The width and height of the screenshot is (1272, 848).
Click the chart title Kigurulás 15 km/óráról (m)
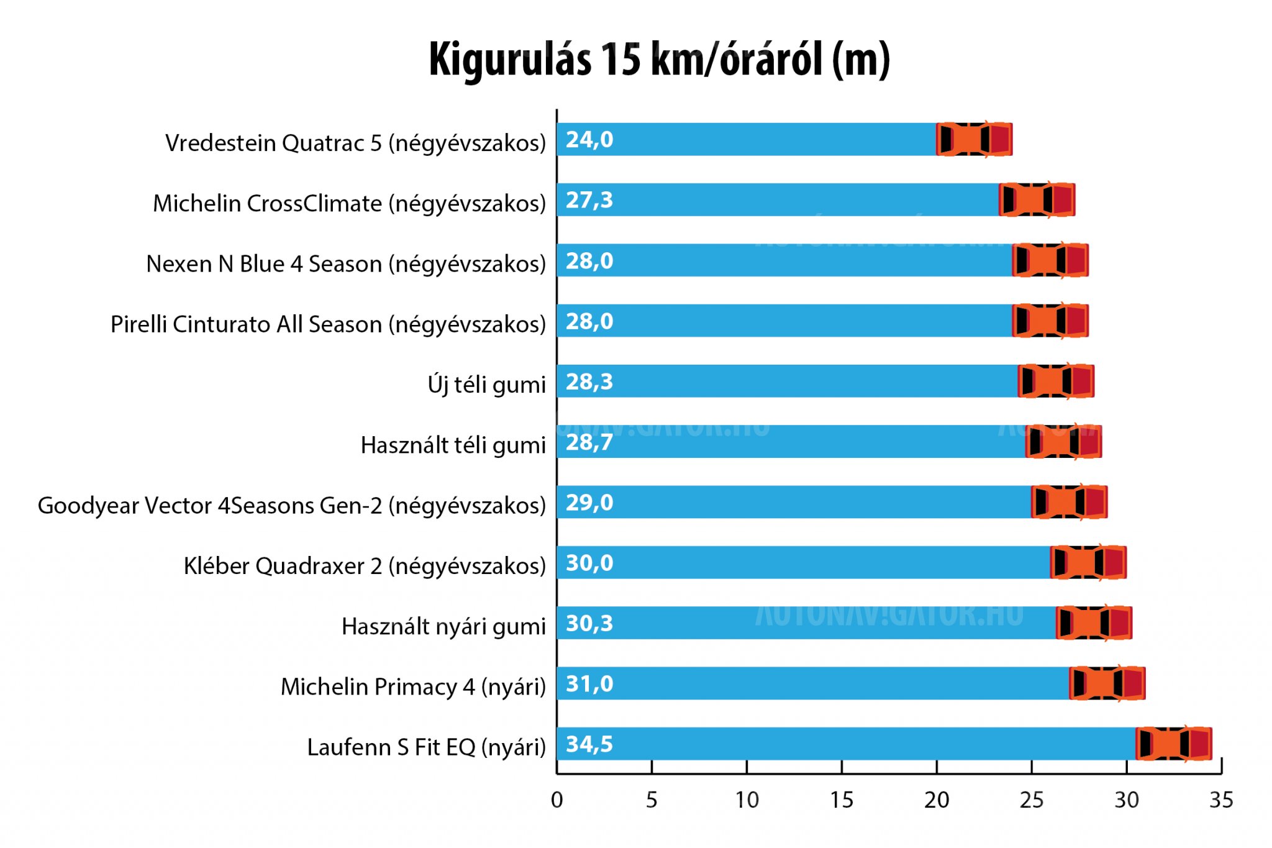pos(659,60)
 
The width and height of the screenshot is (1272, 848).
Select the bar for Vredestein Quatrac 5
pos(745,139)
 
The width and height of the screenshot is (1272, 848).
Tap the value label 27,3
pos(589,200)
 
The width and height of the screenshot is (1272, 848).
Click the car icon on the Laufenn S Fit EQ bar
pos(1173,744)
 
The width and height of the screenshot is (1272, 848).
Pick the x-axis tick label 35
pos(1220,800)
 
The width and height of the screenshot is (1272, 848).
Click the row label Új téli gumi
pos(486,384)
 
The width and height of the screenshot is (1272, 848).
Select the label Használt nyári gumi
pos(443,626)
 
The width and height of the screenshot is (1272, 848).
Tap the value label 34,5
pos(589,744)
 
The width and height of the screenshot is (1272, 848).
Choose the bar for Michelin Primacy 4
pos(807,683)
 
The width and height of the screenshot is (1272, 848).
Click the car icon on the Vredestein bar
pos(974,139)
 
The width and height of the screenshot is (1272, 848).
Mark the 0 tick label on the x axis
pos(556,800)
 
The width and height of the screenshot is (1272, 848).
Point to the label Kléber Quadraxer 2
pos(365,566)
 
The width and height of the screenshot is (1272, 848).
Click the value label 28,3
pos(589,381)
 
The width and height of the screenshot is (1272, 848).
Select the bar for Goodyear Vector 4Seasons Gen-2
pos(789,502)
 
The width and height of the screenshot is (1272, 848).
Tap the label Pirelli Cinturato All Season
pos(328,324)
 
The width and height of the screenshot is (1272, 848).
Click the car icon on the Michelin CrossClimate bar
pos(1037,200)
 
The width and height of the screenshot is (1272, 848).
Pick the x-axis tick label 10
pos(747,800)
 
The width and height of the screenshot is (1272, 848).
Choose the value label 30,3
pos(589,623)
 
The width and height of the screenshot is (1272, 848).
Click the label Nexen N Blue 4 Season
pos(346,264)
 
